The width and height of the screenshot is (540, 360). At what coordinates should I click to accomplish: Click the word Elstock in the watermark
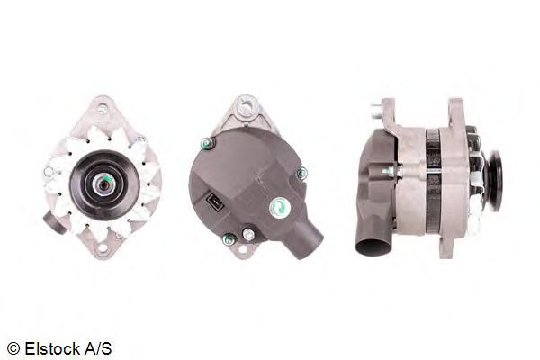pyautogui.click(x=51, y=348)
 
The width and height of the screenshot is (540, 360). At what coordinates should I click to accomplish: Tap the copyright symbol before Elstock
pyautogui.click(x=13, y=348)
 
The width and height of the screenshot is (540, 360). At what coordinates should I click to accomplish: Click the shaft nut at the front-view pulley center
pyautogui.click(x=104, y=184)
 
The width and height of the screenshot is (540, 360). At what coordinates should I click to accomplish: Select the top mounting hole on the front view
pyautogui.click(x=103, y=109)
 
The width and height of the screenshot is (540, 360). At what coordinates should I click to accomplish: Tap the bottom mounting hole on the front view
pyautogui.click(x=103, y=248)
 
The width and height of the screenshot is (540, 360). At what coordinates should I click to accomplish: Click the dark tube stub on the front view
pyautogui.click(x=54, y=222)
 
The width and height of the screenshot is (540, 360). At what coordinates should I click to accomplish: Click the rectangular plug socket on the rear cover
pyautogui.click(x=215, y=202)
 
